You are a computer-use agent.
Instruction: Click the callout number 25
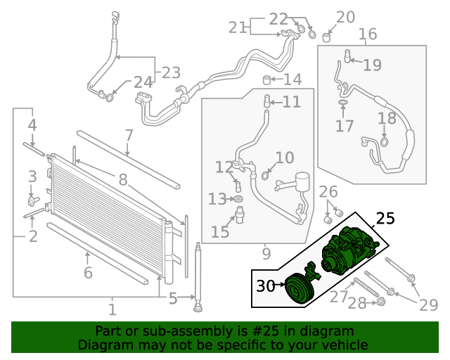[385, 219]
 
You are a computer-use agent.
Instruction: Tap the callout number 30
[265, 286]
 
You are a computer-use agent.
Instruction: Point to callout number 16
[368, 34]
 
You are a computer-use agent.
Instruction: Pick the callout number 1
[112, 308]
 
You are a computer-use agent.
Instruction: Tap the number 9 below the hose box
[266, 252]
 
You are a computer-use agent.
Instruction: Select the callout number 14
[292, 79]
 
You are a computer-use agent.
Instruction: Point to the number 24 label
[143, 82]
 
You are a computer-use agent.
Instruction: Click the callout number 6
[88, 273]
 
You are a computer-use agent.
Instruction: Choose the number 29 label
[429, 304]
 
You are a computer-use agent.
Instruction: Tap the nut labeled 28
[380, 302]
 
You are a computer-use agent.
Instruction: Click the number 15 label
[220, 231]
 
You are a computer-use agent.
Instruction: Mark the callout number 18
[387, 119]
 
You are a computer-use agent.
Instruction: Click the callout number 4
[32, 126]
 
